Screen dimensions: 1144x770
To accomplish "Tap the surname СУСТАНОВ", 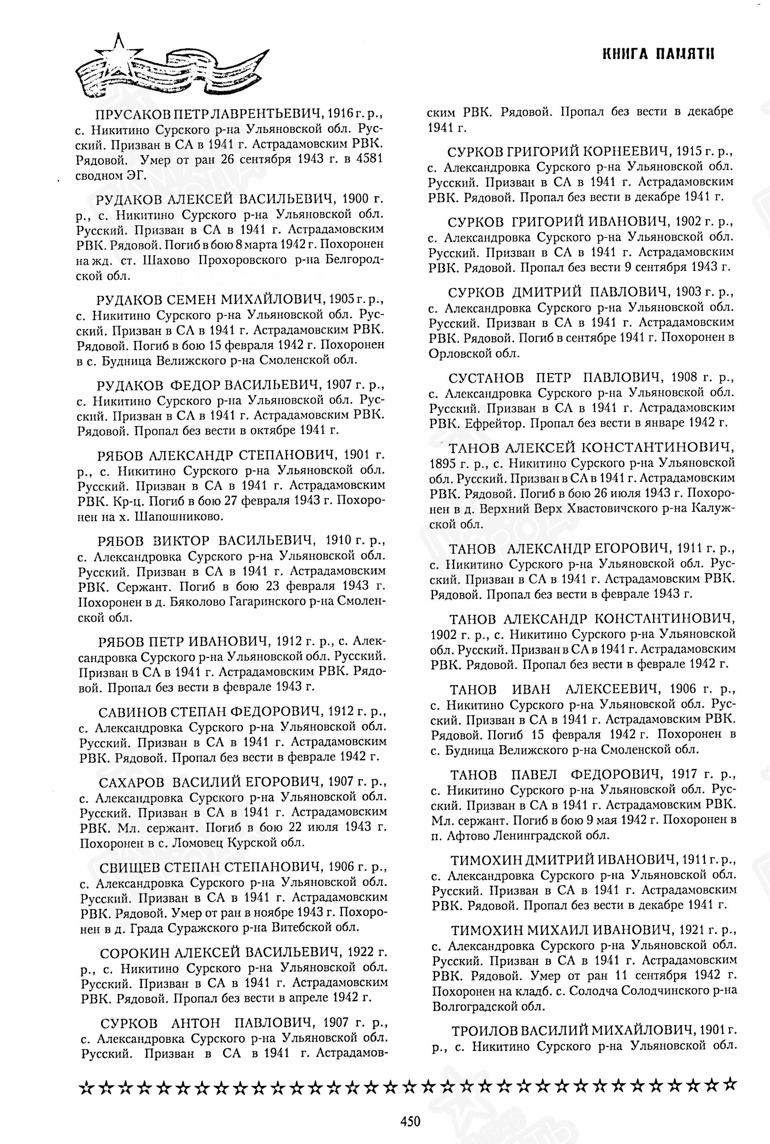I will [486, 378].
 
